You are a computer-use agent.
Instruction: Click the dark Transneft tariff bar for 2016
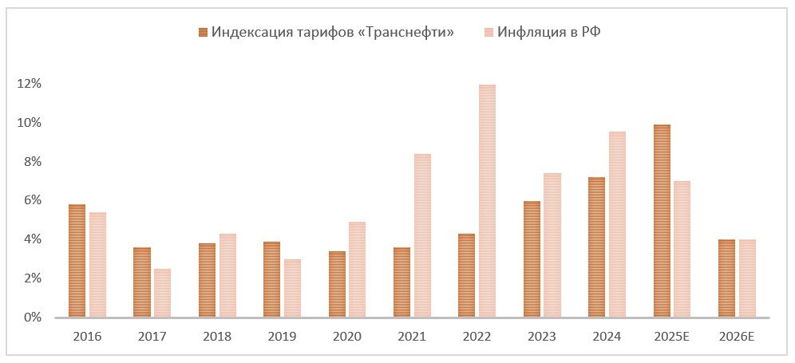[77, 261]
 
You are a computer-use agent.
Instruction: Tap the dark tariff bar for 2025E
[662, 221]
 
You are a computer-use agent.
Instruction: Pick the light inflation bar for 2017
[162, 293]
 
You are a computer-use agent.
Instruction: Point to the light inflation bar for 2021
[422, 235]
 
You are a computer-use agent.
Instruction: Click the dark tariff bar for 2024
[596, 247]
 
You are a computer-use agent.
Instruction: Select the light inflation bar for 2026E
[747, 278]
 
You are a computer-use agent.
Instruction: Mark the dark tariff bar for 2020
[337, 284]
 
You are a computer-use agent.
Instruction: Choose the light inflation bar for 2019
[292, 288]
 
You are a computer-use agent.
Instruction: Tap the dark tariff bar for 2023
[532, 259]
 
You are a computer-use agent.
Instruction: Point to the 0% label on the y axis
[31, 318]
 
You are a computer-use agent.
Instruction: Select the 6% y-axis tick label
[31, 200]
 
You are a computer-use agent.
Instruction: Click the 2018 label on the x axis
[217, 337]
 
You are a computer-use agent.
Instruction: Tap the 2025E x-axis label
[672, 337]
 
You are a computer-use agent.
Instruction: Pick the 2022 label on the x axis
[477, 337]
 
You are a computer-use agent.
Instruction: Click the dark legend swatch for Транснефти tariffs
[203, 32]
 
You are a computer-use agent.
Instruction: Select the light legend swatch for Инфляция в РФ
[488, 32]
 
